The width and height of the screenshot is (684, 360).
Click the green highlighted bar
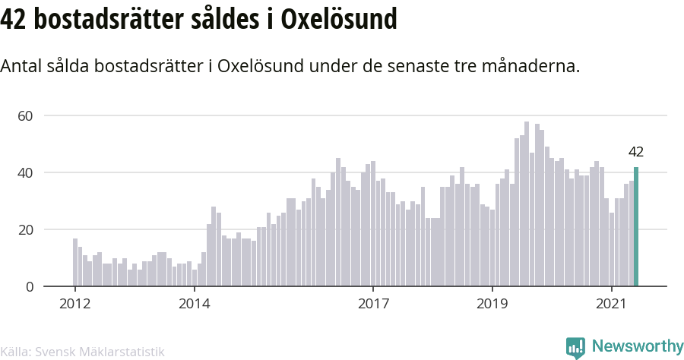point(636,226)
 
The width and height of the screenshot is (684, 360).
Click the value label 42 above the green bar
point(636,152)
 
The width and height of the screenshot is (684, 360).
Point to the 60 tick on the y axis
point(25,116)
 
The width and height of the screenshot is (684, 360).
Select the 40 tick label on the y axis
point(25,172)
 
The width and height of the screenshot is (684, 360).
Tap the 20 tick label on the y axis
point(25,229)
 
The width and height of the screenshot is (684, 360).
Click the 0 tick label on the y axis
point(29,287)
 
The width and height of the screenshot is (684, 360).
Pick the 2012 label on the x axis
point(75,303)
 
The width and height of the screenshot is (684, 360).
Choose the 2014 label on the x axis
point(195,303)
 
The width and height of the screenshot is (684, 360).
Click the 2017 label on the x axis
point(373,303)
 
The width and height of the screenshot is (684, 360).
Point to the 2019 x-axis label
point(492,303)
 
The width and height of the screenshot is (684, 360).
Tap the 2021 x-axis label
point(612,303)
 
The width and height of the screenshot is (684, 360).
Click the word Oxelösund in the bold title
point(339,19)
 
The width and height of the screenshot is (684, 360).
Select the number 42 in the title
point(13,20)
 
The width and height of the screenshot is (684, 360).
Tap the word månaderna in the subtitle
point(531,66)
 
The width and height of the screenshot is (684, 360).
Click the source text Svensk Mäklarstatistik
point(100,352)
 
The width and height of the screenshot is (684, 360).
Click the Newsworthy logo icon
point(575,347)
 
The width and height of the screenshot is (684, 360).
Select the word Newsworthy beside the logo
point(638,346)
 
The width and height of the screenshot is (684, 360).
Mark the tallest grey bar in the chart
point(527,204)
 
